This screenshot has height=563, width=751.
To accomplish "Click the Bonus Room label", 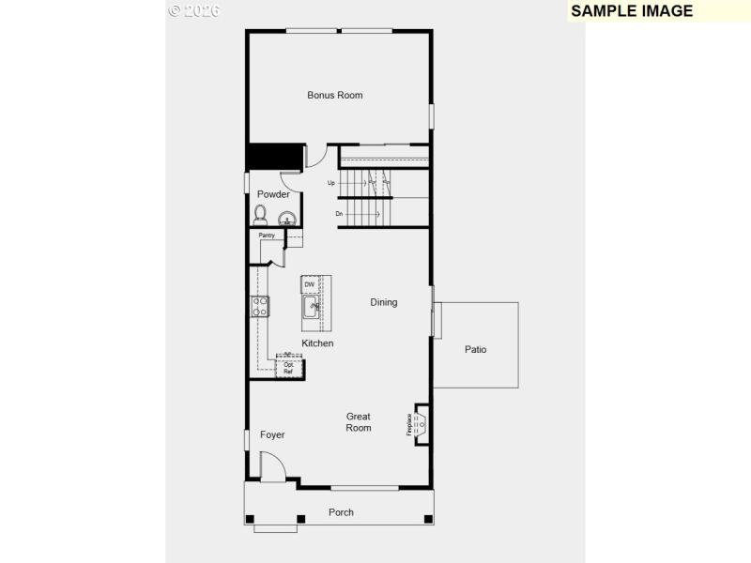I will pos(334,95).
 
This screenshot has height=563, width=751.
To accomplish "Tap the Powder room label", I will pos(273,194).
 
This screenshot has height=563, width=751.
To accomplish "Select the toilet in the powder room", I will pos(260,215).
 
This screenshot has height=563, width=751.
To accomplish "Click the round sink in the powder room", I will pos(288,219).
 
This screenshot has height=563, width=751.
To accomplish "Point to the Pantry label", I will pos(267,236).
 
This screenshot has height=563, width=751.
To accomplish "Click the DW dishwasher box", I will pos(309,283).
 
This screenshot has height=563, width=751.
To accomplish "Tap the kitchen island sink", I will pos(311,307).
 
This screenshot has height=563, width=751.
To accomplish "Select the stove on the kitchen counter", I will pos(260,305).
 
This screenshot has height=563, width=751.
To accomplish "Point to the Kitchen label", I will pos(317,343).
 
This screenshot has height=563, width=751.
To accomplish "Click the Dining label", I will pos(383,302).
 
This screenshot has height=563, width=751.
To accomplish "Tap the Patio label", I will pos(475,350).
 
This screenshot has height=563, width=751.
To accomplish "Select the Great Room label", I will pos(359,422).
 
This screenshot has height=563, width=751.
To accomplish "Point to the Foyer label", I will pos(272,434).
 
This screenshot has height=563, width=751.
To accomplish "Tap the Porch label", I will pos(341,512).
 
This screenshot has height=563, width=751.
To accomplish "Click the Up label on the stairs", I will pos(331,183).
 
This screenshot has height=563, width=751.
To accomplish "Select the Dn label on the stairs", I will pos(340,214).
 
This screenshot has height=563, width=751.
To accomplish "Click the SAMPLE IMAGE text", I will pos(632,11).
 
